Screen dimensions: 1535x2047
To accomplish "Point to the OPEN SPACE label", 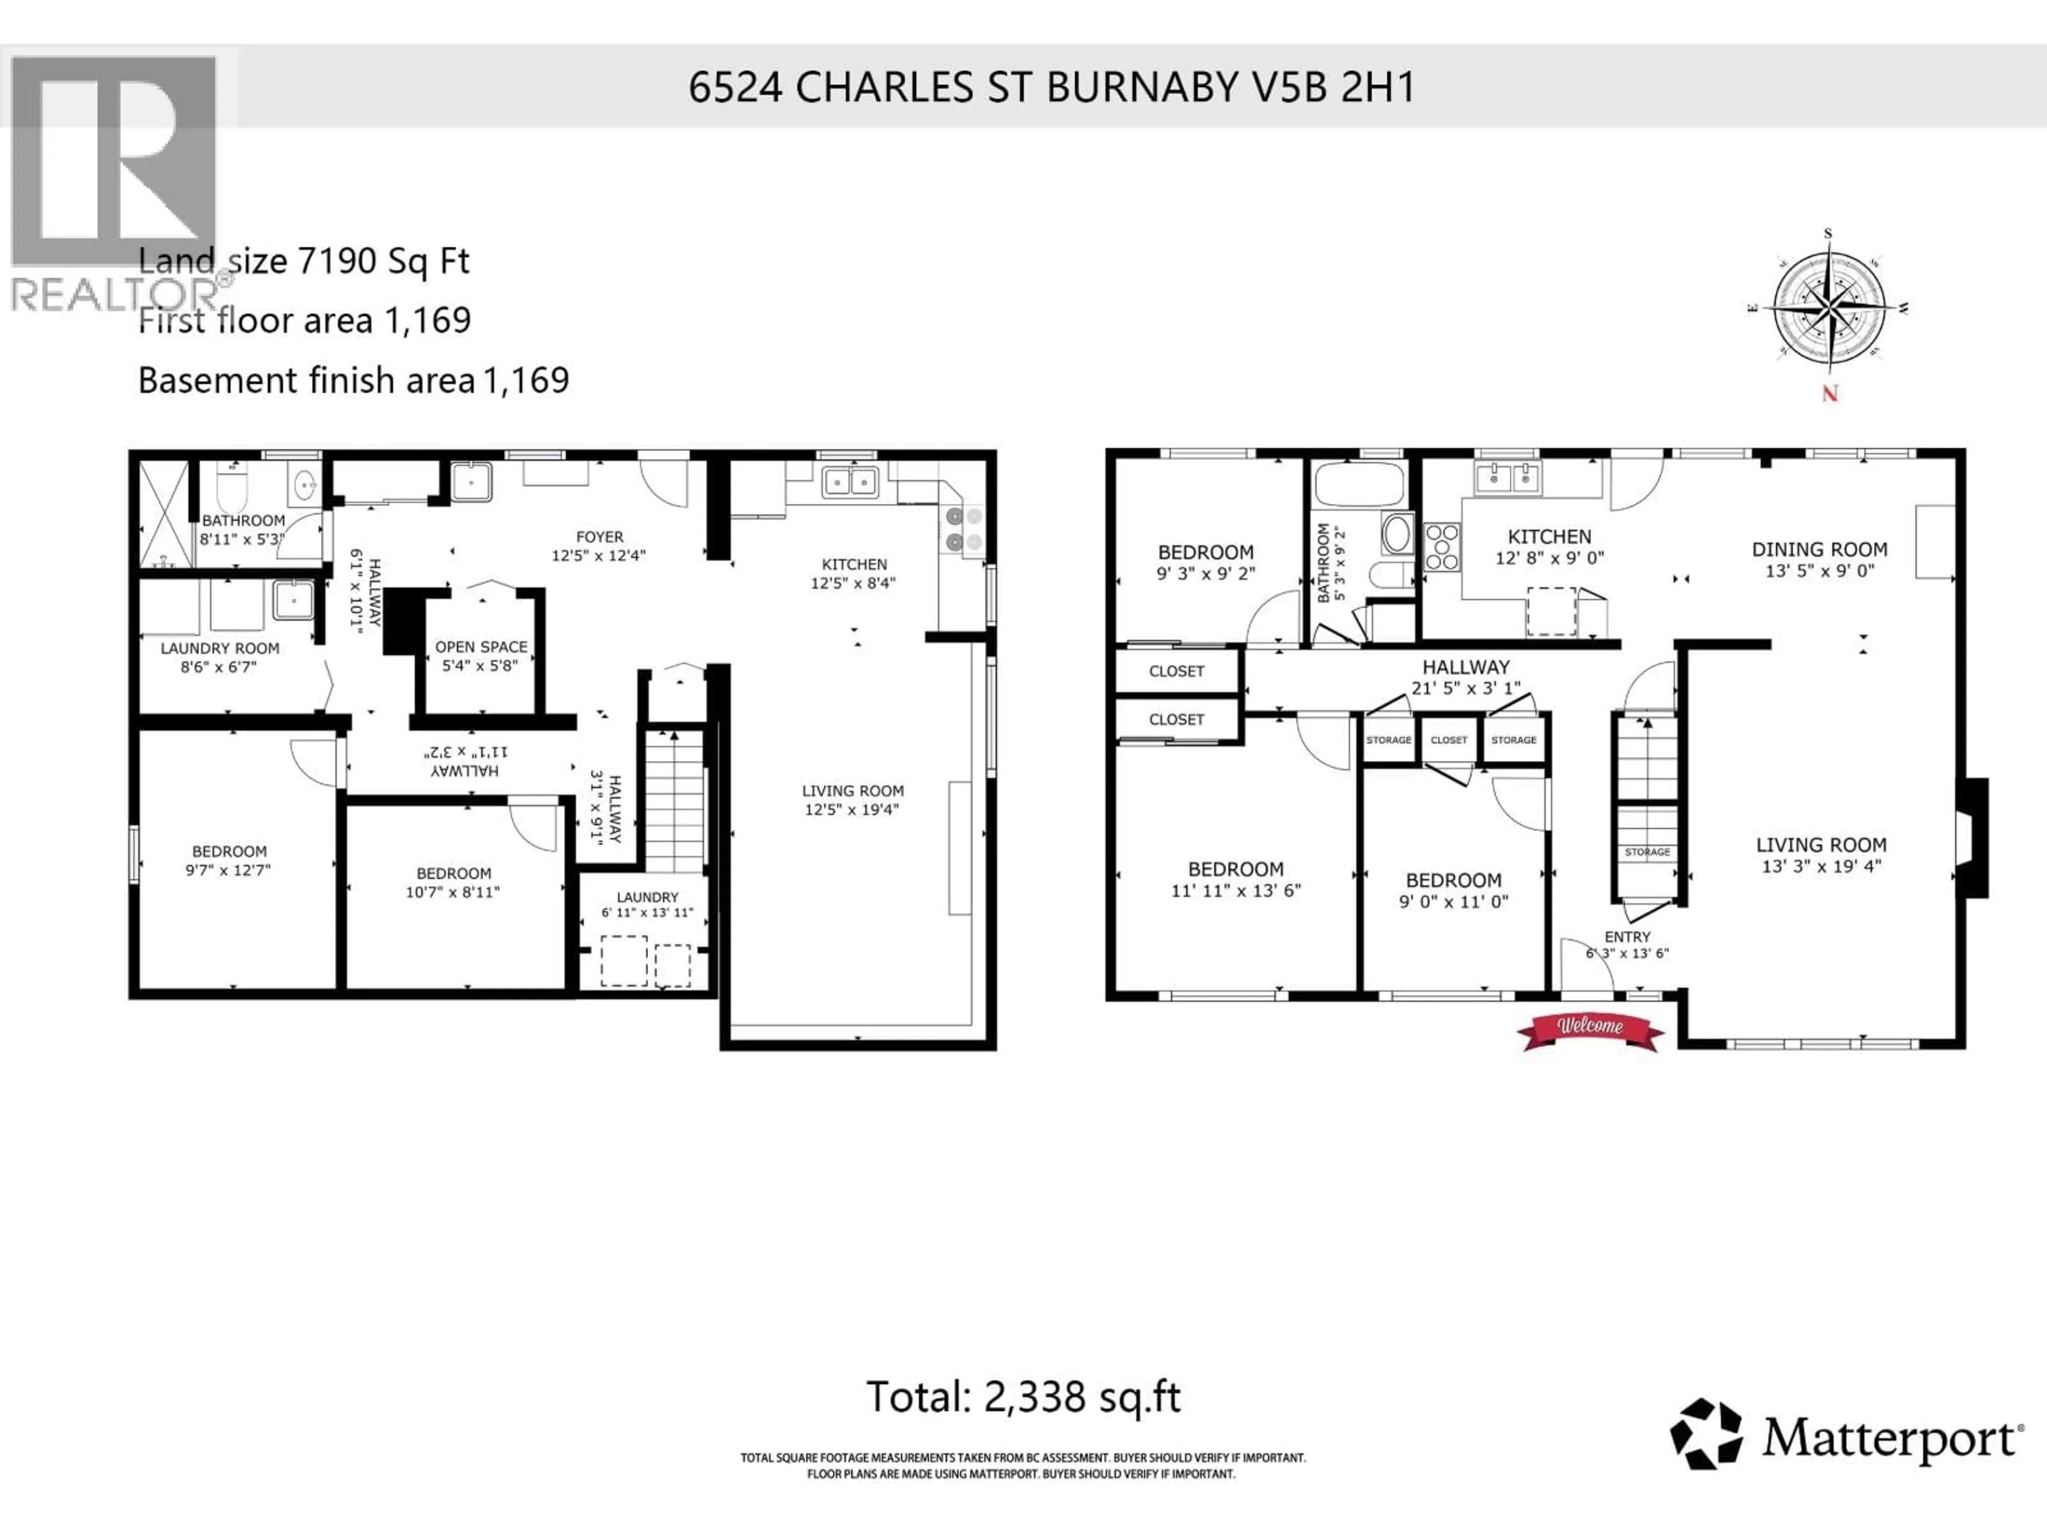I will coord(481,647).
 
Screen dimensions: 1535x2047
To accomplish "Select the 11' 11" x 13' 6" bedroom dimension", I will coord(1236,890).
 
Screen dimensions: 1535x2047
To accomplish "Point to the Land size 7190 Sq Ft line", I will coord(303,262).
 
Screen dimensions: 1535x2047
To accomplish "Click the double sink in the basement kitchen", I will coord(850,482).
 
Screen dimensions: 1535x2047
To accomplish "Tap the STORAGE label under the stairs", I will coord(1647,852).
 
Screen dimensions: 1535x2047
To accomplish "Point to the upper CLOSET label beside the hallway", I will coord(1176,672).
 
